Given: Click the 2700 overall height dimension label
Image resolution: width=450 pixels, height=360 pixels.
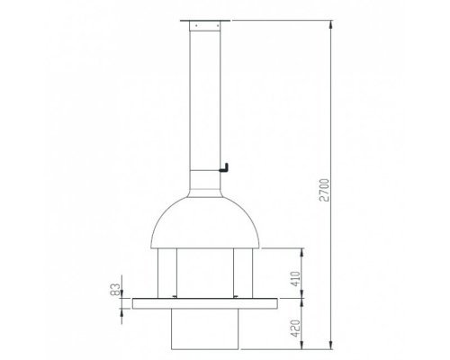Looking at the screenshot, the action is (x=325, y=190).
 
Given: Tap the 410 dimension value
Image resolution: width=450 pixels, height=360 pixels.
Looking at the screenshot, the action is (x=295, y=279).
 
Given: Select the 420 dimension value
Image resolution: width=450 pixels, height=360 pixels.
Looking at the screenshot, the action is (x=295, y=328).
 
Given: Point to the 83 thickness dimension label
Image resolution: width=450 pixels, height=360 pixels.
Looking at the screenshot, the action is (x=115, y=290).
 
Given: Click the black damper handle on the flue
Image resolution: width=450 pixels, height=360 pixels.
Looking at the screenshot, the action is (x=224, y=168).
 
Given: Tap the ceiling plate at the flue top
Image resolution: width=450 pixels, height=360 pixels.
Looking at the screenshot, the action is (x=205, y=21).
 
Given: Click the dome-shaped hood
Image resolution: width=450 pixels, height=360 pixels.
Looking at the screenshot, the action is (x=205, y=222).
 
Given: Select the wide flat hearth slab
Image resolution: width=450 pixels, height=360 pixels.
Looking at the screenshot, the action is (x=205, y=303).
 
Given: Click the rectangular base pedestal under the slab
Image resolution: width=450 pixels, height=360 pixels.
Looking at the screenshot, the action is (x=205, y=329).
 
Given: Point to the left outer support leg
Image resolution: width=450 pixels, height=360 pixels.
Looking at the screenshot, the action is (x=167, y=274).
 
